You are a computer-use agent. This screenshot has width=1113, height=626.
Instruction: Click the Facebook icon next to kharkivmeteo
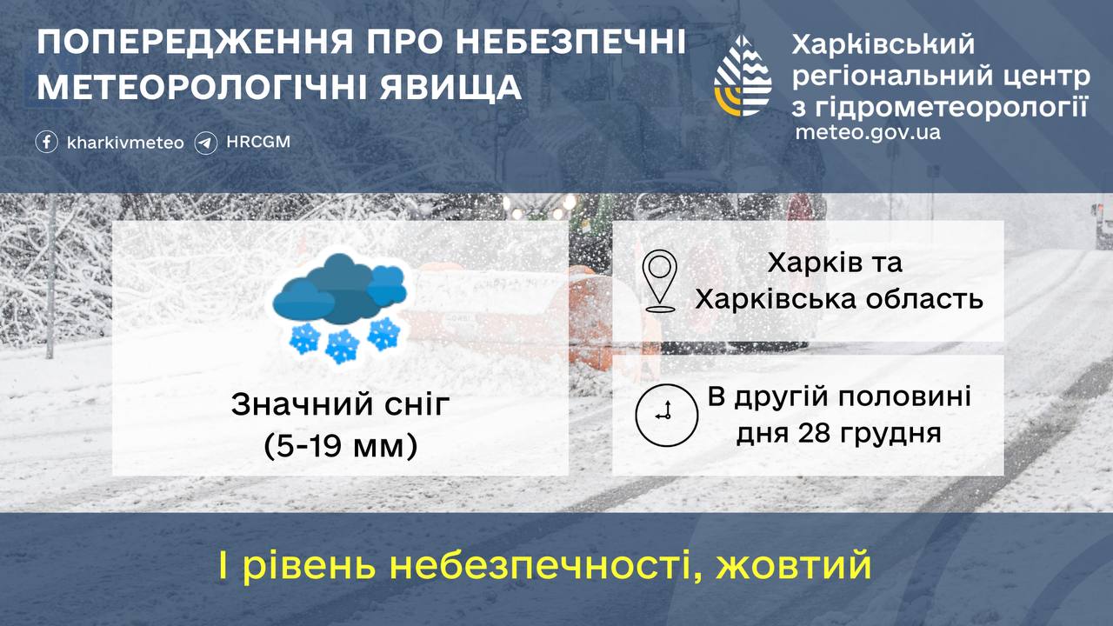(47, 142)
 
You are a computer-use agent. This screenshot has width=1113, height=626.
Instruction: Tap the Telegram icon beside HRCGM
(206, 142)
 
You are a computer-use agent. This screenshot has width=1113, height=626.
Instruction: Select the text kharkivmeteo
(125, 143)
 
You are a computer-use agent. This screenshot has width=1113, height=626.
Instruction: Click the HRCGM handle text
(257, 142)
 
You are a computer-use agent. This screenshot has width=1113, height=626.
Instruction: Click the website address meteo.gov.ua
(868, 133)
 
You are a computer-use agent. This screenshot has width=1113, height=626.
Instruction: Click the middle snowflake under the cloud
(343, 346)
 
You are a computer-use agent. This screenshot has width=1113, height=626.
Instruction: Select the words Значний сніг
(340, 405)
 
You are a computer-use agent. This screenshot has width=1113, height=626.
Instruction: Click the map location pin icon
(661, 281)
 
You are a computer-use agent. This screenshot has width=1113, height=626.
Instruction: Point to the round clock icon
(666, 415)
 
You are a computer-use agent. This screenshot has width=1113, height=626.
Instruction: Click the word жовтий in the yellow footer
(794, 566)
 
